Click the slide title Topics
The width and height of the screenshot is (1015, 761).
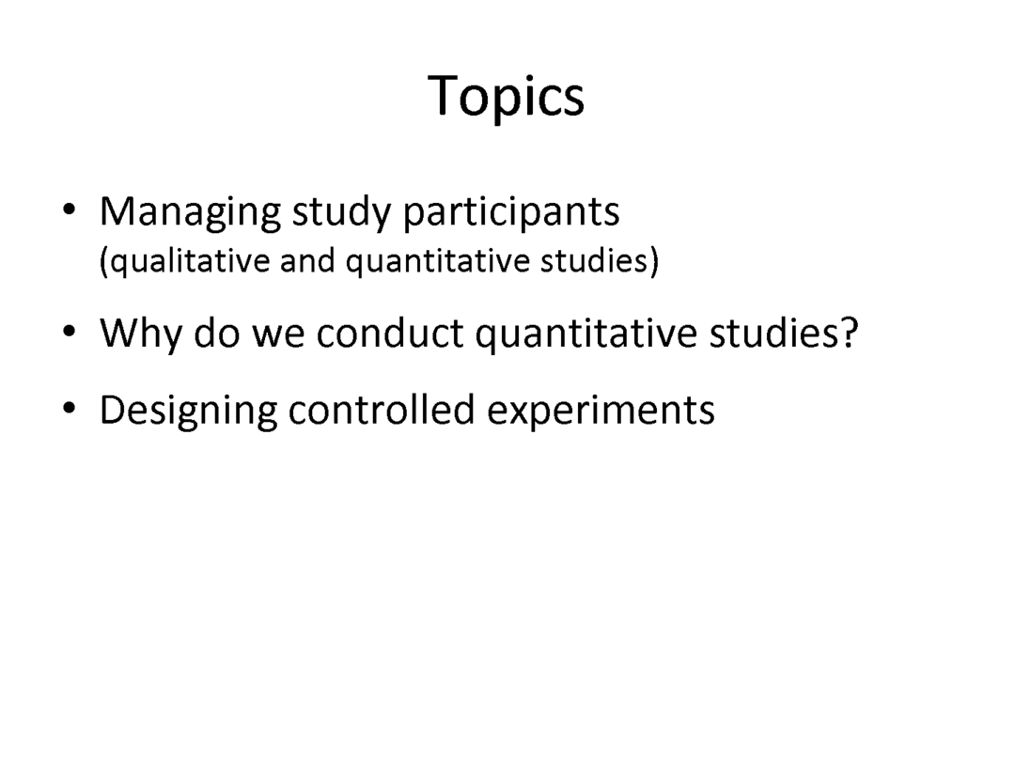pos(507,97)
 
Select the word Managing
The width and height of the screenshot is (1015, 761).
pos(190,213)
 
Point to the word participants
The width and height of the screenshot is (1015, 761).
pos(510,213)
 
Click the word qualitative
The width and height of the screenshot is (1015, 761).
pos(188,262)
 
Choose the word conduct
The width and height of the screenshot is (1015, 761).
pos(390,334)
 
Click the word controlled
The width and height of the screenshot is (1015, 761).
pos(382,410)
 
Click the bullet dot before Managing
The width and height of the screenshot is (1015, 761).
pos(70,210)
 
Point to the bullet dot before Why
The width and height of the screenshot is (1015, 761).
pos(70,332)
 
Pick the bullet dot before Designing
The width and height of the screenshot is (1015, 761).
pos(70,409)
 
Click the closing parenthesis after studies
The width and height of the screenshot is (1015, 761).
pos(654,261)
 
